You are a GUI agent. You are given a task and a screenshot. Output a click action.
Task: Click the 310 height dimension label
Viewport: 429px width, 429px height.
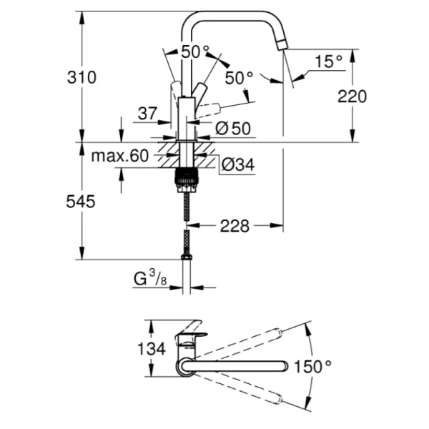(82, 77)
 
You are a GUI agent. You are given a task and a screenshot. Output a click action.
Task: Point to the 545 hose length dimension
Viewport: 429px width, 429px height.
(82, 202)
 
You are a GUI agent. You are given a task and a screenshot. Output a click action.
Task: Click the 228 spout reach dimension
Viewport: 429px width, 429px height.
(235, 227)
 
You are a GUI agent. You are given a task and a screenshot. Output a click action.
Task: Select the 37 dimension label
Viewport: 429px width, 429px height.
(147, 113)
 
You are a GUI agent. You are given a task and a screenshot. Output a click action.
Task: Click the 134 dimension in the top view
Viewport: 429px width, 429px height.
(151, 350)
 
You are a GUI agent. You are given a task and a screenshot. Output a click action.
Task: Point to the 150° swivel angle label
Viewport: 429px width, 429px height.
(312, 366)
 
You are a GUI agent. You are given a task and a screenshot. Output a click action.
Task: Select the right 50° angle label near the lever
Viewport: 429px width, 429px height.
(240, 77)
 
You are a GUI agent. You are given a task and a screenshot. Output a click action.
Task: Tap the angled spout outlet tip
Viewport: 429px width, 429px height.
(282, 46)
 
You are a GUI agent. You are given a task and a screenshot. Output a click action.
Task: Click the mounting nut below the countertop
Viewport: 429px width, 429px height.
(187, 178)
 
